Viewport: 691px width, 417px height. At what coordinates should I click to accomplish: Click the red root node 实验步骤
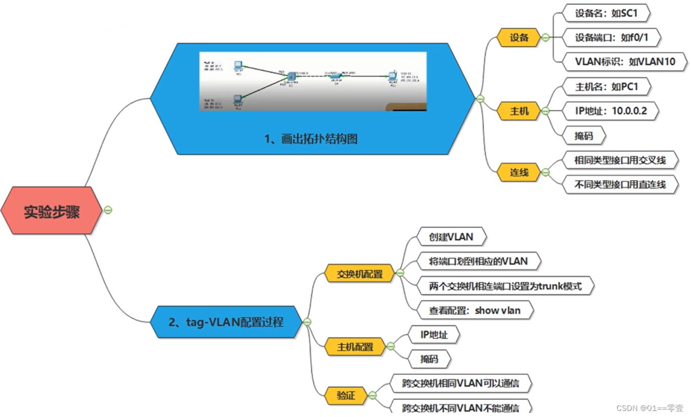pyautogui.click(x=51, y=211)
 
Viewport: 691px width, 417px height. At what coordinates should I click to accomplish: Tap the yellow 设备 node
pyautogui.click(x=519, y=37)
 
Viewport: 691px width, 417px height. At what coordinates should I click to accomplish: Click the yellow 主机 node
pyautogui.click(x=519, y=111)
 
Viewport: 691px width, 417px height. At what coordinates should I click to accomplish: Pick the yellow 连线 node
pyautogui.click(x=519, y=172)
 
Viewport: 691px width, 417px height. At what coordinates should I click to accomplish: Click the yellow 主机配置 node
pyautogui.click(x=355, y=347)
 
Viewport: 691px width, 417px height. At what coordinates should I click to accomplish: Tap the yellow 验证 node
pyautogui.click(x=346, y=395)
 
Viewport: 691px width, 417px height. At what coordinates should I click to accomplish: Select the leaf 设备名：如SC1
pyautogui.click(x=605, y=14)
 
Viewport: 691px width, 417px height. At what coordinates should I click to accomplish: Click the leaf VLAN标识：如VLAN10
pyautogui.click(x=625, y=62)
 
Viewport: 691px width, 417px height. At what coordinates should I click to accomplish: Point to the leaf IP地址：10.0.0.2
pyautogui.click(x=611, y=111)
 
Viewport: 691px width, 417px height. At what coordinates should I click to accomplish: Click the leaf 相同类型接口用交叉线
pyautogui.click(x=620, y=161)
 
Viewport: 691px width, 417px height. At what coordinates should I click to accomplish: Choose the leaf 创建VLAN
pyautogui.click(x=451, y=237)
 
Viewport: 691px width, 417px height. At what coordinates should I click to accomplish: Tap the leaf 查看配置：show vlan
pyautogui.click(x=474, y=311)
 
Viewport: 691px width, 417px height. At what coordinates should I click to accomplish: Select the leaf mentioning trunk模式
pyautogui.click(x=505, y=286)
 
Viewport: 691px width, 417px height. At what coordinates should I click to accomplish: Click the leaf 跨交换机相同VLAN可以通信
pyautogui.click(x=460, y=384)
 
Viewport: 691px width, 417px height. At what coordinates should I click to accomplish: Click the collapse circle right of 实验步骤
pyautogui.click(x=108, y=210)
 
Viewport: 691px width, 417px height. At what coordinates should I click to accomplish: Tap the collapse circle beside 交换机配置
pyautogui.click(x=400, y=273)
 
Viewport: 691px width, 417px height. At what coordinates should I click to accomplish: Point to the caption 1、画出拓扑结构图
pyautogui.click(x=311, y=138)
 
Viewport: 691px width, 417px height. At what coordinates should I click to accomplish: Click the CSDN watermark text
pyautogui.click(x=649, y=408)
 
